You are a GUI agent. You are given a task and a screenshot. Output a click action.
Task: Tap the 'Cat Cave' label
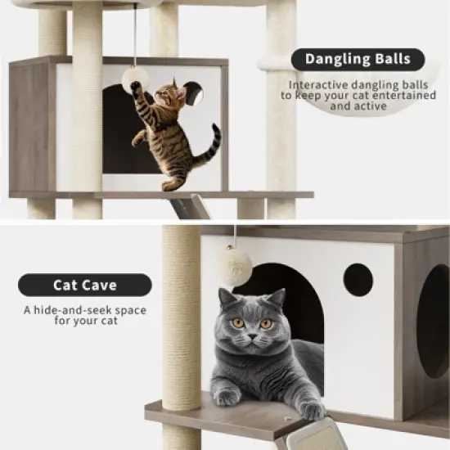point(85,285)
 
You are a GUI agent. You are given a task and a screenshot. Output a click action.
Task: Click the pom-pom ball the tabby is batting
point(135,79)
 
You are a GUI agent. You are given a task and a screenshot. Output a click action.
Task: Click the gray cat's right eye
point(266,322)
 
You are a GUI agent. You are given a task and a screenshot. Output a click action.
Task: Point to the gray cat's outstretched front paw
point(311,409)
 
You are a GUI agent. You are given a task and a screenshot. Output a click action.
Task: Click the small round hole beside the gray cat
point(358,280)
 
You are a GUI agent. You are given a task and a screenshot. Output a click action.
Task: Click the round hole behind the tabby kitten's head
point(195,94)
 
